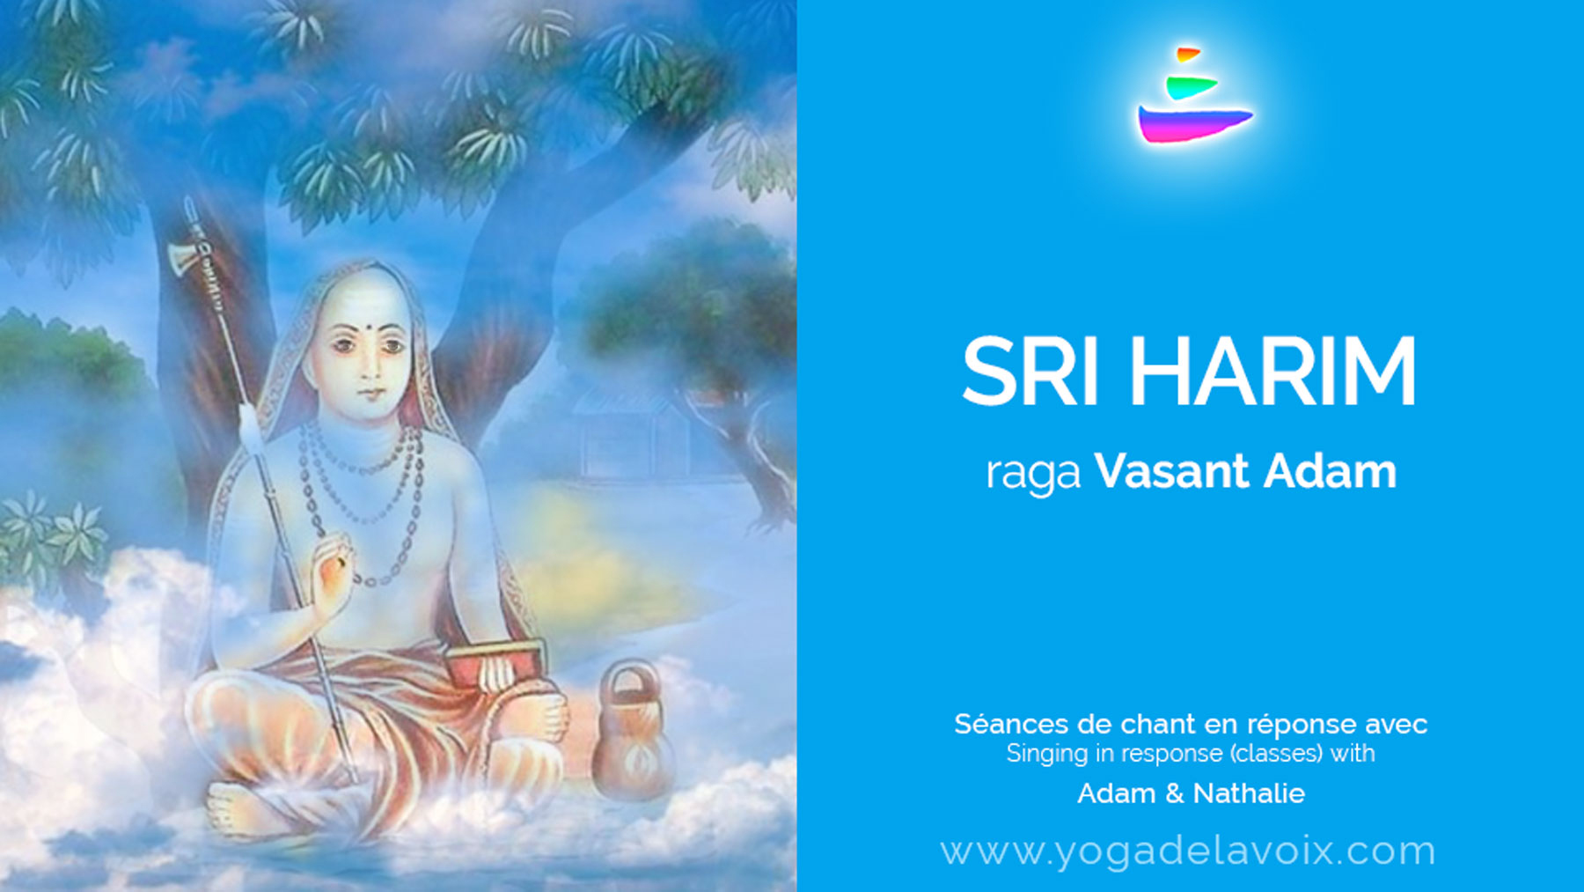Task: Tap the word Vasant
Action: (1172, 471)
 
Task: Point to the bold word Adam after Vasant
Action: (1330, 471)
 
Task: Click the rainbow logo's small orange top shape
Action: (1187, 55)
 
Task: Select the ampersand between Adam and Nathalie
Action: (1175, 793)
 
